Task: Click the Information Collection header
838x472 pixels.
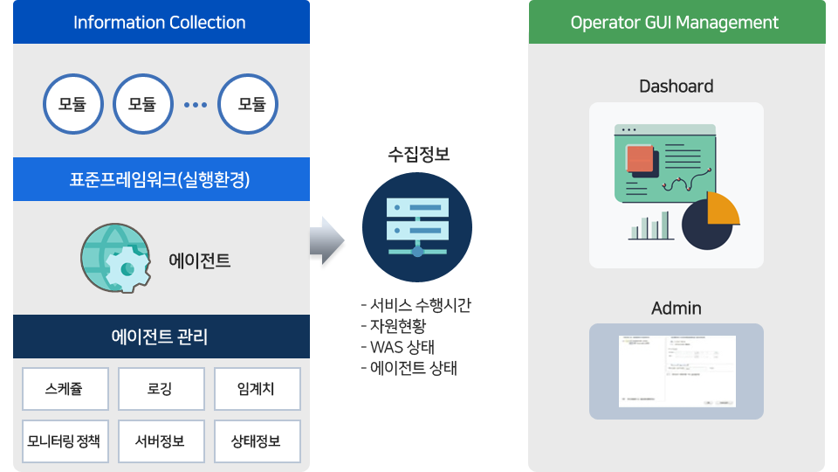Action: pos(161,22)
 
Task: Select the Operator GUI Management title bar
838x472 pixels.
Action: pos(676,22)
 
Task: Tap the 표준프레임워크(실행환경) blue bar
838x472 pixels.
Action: pos(161,179)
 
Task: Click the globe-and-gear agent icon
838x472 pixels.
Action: pos(113,259)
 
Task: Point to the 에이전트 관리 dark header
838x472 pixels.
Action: pos(161,337)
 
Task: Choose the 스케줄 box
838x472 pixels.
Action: pos(65,389)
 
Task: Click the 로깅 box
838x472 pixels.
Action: pos(161,389)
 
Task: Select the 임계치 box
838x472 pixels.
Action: pos(257,389)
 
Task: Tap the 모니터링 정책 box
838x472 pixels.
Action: pos(65,441)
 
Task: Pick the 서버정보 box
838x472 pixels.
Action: pos(161,441)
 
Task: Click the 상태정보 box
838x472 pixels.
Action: pos(257,441)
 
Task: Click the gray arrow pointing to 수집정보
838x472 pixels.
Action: pos(326,240)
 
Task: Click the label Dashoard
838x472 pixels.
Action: pos(676,86)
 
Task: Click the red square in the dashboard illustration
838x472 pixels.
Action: pos(640,158)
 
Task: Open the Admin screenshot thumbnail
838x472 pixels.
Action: pos(676,371)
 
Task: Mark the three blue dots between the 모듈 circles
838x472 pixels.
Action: pos(196,105)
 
